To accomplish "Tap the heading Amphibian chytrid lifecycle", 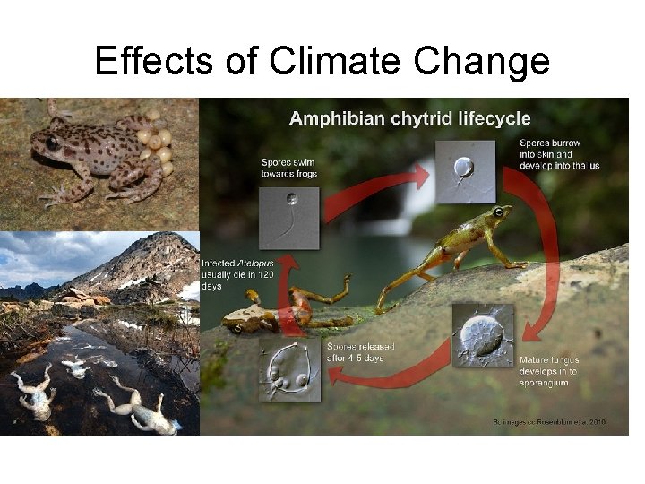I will tap(409, 118).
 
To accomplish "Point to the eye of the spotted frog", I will tap(53, 143).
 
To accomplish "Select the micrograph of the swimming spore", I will tap(288, 212).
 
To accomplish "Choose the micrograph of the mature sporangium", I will tap(483, 333).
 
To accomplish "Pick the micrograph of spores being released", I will tap(289, 367).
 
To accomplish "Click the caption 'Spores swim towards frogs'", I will tap(288, 168).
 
